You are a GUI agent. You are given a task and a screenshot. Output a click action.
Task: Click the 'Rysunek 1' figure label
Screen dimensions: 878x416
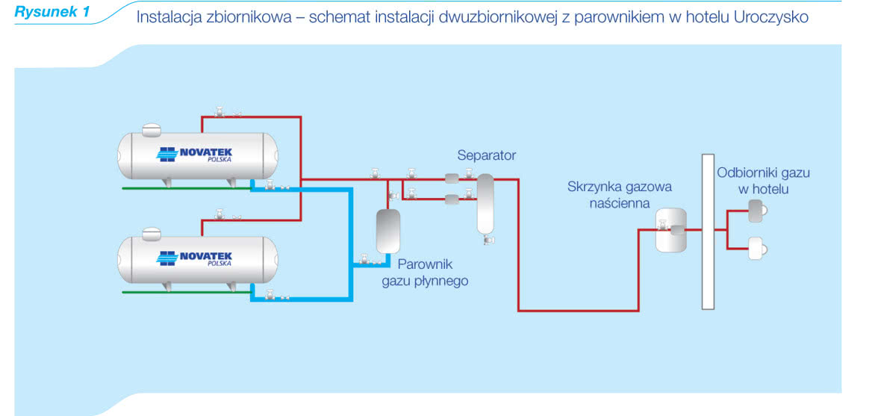coord(52,13)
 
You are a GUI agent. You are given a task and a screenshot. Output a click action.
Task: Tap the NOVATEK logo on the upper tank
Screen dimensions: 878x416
coord(196,153)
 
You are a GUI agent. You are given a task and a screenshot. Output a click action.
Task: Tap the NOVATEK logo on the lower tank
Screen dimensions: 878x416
coord(196,258)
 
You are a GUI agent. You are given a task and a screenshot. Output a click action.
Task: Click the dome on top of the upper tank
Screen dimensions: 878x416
coord(152,130)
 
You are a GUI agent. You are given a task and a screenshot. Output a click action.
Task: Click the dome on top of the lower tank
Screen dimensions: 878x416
coord(152,234)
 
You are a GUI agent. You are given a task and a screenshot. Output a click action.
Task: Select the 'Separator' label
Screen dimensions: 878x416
coord(486,155)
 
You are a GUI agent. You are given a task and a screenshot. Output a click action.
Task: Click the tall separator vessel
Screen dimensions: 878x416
coord(485,203)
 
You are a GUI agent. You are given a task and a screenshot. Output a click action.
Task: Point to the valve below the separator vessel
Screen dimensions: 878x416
coord(488,239)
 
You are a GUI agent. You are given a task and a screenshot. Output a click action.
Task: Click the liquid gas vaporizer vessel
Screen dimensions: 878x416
coord(387,231)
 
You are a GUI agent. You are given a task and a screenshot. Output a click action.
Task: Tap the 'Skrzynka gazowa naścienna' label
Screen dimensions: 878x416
coord(620,194)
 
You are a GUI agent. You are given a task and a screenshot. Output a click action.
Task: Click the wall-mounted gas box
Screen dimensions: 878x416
coord(670,229)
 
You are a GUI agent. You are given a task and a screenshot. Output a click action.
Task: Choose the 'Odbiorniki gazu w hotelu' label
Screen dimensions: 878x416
coord(763,181)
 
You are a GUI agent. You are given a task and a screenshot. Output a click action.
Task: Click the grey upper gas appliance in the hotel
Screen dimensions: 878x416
coord(757,211)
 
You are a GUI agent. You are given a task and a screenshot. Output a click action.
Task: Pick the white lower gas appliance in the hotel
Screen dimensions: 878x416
coord(757,248)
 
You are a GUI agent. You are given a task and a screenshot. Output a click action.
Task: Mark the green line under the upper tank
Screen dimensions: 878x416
coord(187,188)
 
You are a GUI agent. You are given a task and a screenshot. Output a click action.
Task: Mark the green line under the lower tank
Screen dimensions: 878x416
coord(187,292)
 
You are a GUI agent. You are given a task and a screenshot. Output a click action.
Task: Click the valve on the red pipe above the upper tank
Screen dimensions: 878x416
coord(219,112)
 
